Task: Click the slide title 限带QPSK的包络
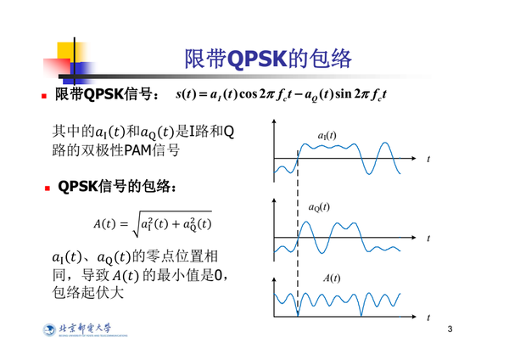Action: (266, 59)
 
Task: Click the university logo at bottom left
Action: (81, 331)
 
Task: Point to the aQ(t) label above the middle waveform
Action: (319, 206)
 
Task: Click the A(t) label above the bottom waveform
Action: (332, 278)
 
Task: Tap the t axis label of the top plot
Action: (428, 159)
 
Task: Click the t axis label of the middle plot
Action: (428, 238)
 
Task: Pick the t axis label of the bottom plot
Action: (428, 317)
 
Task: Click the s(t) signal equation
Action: (280, 94)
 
